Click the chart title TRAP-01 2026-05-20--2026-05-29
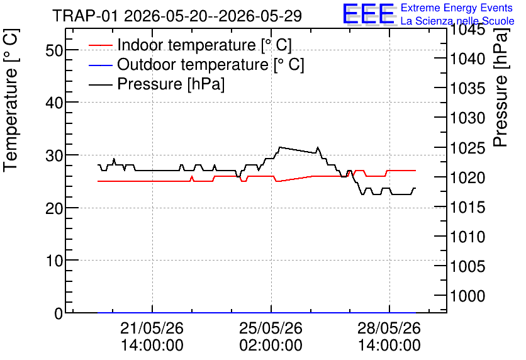pos(177,16)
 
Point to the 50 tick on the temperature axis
pos(54,50)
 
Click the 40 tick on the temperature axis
pos(54,103)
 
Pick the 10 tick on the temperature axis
pos(54,261)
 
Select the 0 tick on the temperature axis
pos(59,313)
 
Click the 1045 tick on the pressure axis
pos(467,30)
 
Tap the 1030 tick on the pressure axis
pos(467,118)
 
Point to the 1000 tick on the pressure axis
pos(467,296)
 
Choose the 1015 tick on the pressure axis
pos(467,207)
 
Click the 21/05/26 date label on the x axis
pos(152,328)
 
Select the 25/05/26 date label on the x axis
pos(271,328)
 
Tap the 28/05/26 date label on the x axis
pos(389,328)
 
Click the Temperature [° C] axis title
pos(11,101)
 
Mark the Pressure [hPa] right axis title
pos(501,87)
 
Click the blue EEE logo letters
pos(369,14)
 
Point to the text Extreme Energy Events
pos(457,8)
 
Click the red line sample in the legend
pos(100,45)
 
